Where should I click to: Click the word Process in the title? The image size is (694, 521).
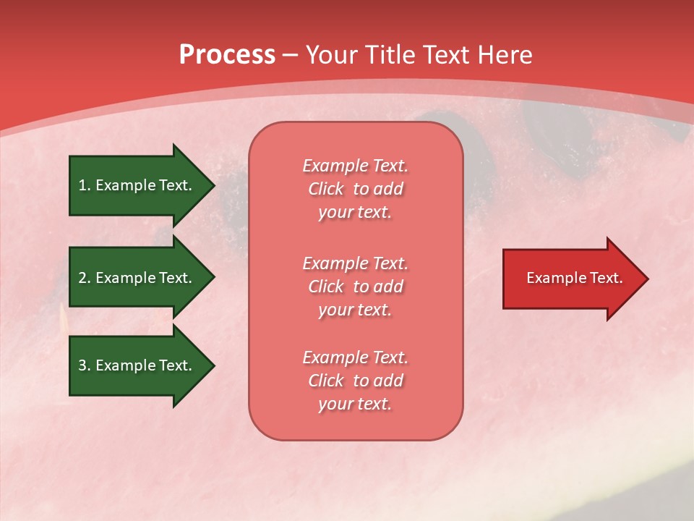[x=227, y=55]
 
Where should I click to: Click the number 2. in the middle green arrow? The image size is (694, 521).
[x=85, y=278]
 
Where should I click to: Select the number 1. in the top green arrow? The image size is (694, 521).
[x=85, y=185]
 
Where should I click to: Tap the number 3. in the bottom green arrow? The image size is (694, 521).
[x=85, y=365]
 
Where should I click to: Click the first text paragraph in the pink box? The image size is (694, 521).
[x=355, y=189]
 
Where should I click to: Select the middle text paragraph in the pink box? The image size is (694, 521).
[x=355, y=287]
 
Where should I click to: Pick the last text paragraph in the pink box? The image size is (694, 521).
[x=355, y=381]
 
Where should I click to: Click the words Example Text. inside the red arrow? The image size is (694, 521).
[x=574, y=278]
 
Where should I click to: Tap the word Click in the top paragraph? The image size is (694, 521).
[x=326, y=189]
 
